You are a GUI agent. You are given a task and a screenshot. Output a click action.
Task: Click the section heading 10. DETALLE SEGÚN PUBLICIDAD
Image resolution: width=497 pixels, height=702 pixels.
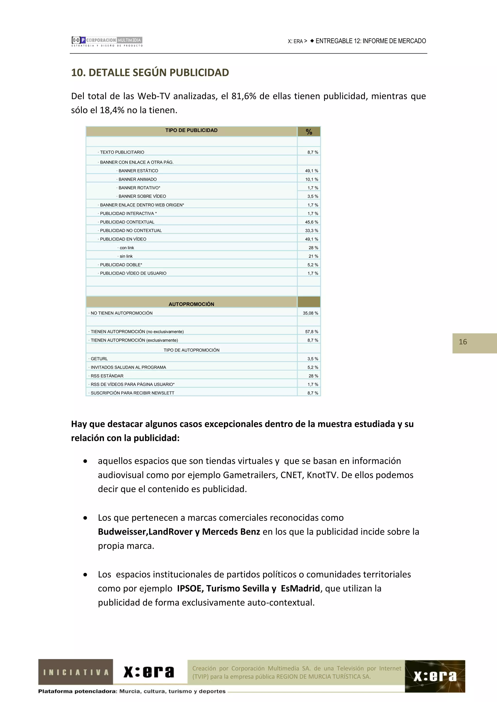click(150, 72)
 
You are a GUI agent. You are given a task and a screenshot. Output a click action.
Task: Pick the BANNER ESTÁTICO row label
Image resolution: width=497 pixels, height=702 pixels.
click(138, 171)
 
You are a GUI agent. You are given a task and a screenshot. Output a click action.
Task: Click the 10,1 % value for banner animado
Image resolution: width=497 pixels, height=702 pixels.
click(311, 179)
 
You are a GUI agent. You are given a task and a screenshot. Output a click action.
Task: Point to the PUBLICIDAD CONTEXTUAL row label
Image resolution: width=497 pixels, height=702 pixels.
click(127, 222)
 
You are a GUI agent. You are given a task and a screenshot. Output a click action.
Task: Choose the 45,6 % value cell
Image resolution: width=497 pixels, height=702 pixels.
click(311, 222)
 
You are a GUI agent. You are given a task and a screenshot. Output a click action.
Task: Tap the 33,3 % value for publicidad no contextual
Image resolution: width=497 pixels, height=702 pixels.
click(311, 231)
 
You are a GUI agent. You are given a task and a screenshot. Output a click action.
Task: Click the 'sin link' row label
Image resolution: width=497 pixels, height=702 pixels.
click(126, 256)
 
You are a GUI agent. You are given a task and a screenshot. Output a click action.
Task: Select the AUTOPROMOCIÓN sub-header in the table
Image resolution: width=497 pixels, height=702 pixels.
click(191, 304)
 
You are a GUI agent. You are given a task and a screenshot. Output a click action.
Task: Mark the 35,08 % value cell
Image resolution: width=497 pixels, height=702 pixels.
click(310, 313)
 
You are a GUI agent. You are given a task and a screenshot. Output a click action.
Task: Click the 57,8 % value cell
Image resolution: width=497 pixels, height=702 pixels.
click(311, 331)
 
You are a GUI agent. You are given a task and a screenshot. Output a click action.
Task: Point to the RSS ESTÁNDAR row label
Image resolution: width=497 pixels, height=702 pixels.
click(107, 376)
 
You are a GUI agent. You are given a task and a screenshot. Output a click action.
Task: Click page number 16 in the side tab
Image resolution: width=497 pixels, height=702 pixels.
click(463, 342)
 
